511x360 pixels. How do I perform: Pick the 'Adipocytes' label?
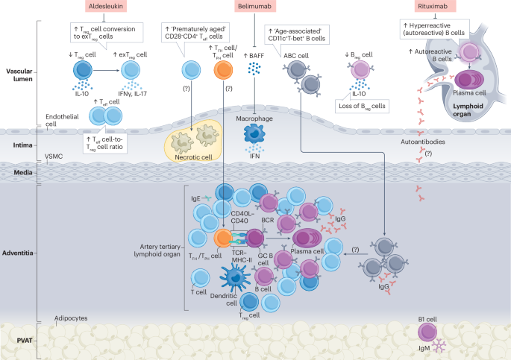point(71,318)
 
